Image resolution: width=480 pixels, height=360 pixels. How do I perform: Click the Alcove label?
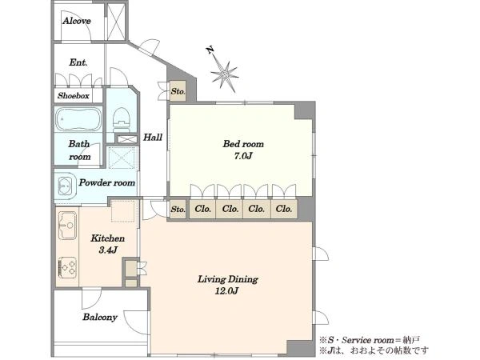(77, 21)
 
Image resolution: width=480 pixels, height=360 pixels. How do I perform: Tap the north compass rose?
(224, 74)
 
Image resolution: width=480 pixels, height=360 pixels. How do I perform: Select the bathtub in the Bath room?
(78, 119)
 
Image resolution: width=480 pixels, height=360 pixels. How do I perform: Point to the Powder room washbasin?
(66, 186)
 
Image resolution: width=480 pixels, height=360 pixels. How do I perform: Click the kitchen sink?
(67, 226)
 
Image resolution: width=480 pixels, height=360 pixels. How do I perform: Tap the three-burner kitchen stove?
(67, 267)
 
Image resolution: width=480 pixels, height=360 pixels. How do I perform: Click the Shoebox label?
(74, 96)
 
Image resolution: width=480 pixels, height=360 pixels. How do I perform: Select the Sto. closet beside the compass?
(178, 91)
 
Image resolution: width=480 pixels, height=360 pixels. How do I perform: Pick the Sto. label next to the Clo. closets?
(178, 210)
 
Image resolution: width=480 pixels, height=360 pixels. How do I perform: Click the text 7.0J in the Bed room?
(243, 156)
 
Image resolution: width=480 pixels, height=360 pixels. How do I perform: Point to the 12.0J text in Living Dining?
(226, 291)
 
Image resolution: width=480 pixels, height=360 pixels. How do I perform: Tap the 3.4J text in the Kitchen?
(108, 250)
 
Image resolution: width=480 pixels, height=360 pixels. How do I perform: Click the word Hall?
(153, 137)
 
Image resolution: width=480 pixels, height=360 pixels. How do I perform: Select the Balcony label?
(100, 317)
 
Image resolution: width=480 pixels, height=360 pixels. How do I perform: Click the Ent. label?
(78, 62)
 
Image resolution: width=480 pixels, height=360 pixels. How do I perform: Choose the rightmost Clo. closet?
(284, 209)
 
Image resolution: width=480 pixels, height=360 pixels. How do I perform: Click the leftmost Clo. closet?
(202, 209)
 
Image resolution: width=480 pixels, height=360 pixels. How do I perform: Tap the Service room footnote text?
(370, 340)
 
